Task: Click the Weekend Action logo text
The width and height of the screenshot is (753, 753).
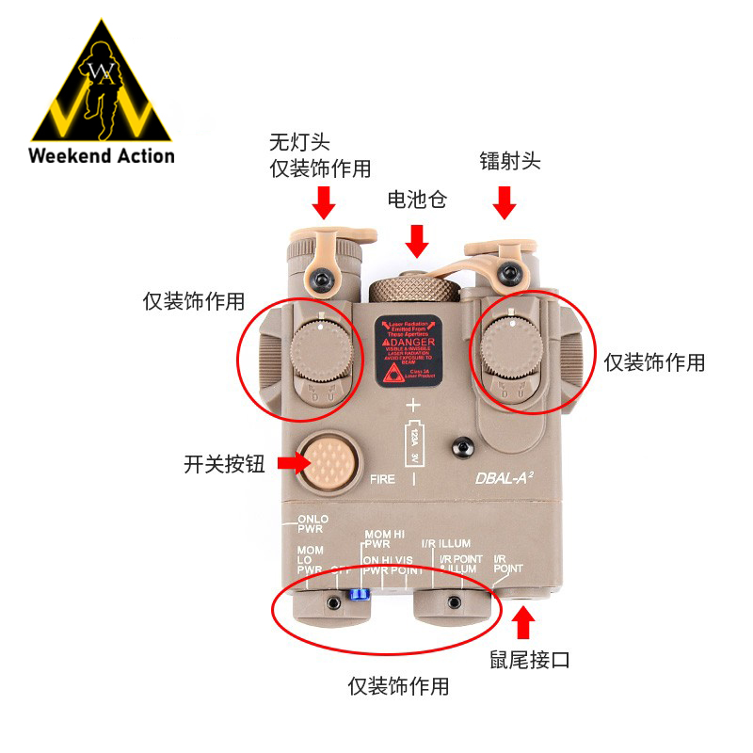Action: pos(102,155)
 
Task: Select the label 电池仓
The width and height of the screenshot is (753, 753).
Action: pos(416,200)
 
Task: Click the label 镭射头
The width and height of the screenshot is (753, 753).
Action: pos(509,161)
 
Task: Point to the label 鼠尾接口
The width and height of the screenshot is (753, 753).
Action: pos(530,660)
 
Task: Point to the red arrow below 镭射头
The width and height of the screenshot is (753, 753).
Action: pos(505,200)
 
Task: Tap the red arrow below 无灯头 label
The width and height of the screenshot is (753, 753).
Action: pos(325,200)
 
